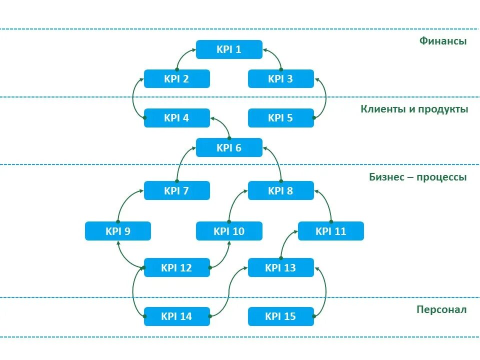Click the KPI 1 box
(229, 49)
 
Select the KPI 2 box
(177, 79)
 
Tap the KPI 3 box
(281, 79)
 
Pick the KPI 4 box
(177, 118)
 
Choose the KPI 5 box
(281, 118)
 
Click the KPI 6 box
(229, 147)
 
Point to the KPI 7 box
(177, 190)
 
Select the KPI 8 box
(281, 190)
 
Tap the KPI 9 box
(118, 231)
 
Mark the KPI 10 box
(229, 231)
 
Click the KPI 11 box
(331, 231)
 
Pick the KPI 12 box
(177, 267)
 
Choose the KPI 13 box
(281, 267)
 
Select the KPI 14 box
(177, 316)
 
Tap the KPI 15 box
(281, 316)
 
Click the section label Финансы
(443, 41)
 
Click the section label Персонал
(441, 309)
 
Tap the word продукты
(443, 109)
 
